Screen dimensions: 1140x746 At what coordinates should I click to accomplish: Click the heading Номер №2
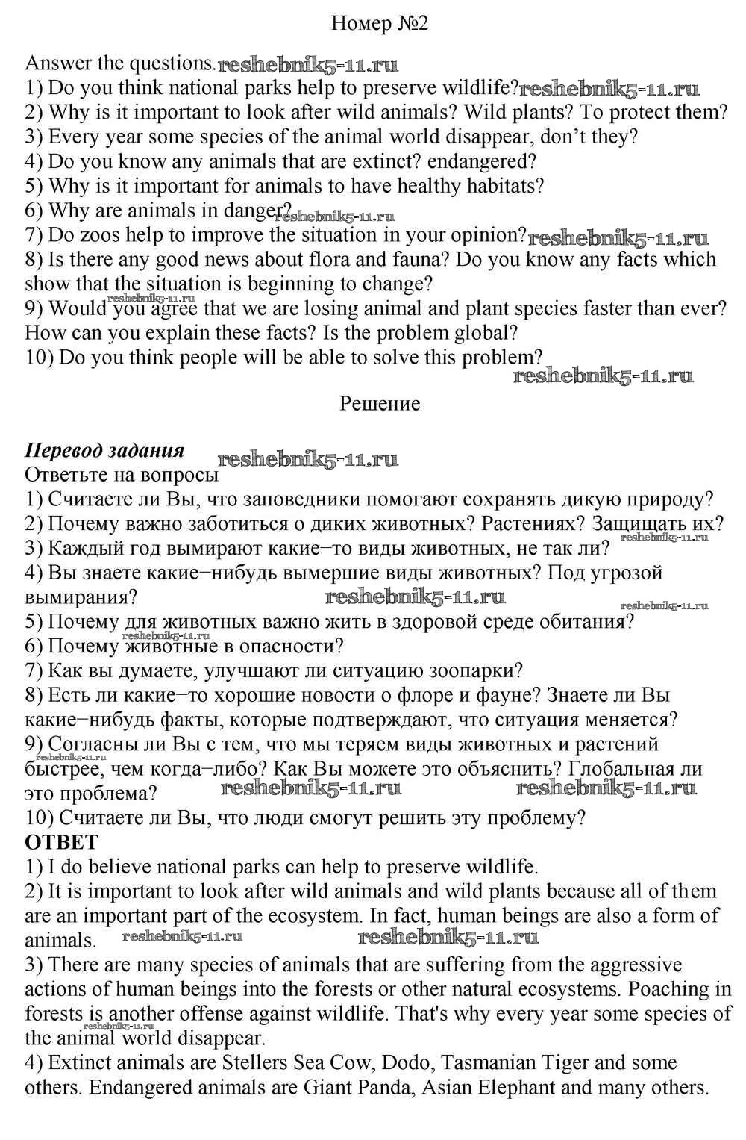coord(379,25)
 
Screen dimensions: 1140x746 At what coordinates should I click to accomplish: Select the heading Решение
coord(380,404)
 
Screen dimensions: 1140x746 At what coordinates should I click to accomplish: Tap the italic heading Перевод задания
coord(104,451)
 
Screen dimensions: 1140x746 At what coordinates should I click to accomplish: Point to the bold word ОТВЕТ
coord(61,842)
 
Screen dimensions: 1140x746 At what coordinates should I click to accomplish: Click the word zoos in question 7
coord(101,235)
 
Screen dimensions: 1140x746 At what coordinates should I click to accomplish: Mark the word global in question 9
coord(480,333)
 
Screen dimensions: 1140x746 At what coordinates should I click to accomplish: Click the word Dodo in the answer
coord(393,1063)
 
